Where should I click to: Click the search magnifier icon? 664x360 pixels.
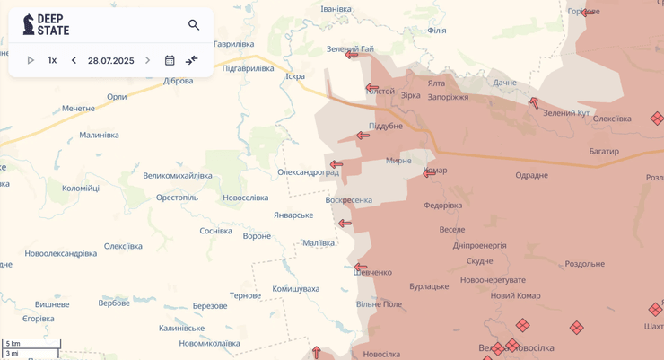[194, 25]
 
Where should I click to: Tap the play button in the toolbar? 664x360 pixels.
[31, 60]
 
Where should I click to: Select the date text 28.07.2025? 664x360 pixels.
[110, 61]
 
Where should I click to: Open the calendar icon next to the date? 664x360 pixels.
[170, 60]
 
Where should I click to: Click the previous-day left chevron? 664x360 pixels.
[74, 60]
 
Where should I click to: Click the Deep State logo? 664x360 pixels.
[46, 24]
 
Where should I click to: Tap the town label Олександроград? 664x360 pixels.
[307, 172]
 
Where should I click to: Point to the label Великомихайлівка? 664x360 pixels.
[178, 176]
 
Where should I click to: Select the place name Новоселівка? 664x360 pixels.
[245, 198]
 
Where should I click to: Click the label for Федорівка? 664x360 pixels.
[442, 206]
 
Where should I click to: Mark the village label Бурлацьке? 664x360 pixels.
[429, 286]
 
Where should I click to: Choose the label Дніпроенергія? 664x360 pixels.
[479, 246]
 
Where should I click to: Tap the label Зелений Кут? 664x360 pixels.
[566, 113]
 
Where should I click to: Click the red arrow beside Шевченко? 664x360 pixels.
[361, 268]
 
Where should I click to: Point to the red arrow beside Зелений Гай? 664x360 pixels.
[352, 55]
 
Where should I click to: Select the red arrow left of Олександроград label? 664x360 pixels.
[336, 165]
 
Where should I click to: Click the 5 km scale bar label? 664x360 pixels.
[13, 344]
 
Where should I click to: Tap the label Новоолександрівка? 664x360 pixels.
[60, 254]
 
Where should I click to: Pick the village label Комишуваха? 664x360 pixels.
[295, 289]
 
